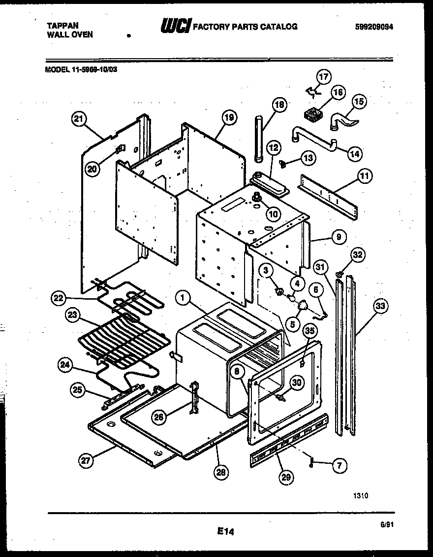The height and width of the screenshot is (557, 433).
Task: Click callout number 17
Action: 323,77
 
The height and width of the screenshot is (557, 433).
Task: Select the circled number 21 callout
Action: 79,118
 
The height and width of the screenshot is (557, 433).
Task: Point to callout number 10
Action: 272,214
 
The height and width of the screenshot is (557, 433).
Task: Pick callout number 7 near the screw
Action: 339,464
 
